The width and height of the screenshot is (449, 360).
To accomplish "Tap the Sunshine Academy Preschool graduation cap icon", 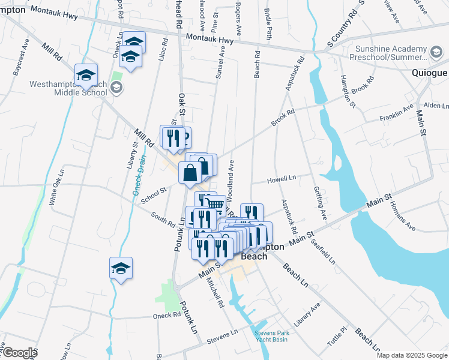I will tap(437, 51).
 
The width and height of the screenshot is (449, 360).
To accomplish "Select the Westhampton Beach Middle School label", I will tap(67, 89).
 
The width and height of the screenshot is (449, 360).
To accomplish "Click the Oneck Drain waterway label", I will tap(139, 176).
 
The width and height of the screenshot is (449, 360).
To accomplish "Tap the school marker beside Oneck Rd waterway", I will tap(121, 268).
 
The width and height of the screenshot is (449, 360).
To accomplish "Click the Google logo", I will tap(19, 353).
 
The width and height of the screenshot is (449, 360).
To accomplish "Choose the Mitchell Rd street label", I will tap(215, 292).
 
